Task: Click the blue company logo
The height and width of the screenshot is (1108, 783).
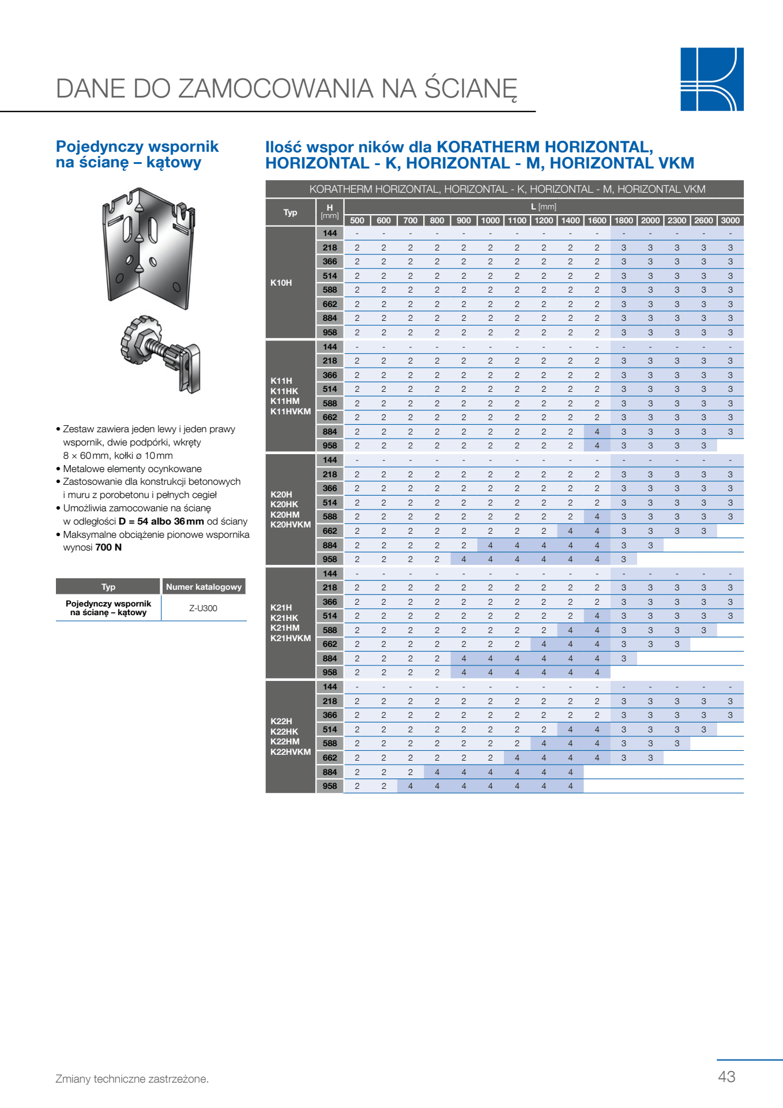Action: point(712,79)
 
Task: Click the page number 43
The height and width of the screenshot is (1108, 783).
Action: point(726,1076)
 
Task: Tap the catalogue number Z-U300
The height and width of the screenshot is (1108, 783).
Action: point(203,608)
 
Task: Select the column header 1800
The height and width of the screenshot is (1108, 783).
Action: point(623,220)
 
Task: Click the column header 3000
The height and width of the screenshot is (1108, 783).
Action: point(730,220)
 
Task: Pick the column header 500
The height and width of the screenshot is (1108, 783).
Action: point(357,220)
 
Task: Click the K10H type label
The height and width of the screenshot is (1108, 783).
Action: point(281,283)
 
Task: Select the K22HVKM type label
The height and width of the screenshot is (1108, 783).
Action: point(291,752)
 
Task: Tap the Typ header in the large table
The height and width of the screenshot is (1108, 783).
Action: point(290,212)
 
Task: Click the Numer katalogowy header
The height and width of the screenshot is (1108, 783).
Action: point(204,587)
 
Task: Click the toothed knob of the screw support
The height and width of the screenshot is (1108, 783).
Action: point(138,340)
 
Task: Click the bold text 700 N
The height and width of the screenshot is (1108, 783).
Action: point(108,547)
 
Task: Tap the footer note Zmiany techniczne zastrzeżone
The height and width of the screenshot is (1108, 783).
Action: point(132,1079)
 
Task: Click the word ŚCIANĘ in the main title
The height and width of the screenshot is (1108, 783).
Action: point(470,89)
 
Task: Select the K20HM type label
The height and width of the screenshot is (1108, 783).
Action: point(285,514)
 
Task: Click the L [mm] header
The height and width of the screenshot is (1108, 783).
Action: point(543,207)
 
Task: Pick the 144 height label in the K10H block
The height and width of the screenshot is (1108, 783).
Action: point(330,233)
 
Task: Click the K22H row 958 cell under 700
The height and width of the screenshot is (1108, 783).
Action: point(410,786)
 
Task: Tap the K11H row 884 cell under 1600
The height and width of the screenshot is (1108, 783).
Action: point(597,432)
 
